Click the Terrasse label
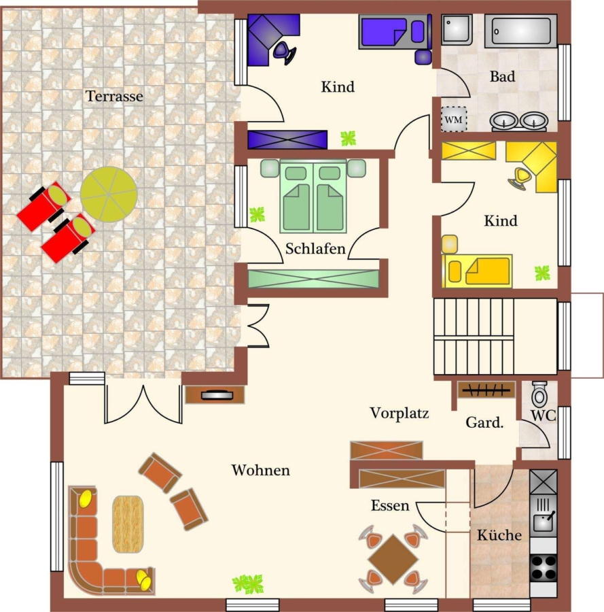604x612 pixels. coord(114,96)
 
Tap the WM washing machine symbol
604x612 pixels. coord(453,119)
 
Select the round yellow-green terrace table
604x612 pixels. coord(109,194)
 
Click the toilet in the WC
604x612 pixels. coord(539,394)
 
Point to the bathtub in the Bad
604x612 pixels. coord(520,31)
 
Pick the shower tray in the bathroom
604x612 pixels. coord(457,30)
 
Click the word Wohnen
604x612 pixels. coord(260,470)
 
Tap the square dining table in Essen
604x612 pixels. coord(393,560)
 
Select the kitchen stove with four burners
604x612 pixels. coord(543,568)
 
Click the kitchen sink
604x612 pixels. coord(543,515)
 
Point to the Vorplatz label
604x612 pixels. coord(399,413)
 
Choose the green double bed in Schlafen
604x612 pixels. coord(313,197)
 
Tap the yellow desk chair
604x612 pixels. coord(520,178)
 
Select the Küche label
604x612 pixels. coord(499,534)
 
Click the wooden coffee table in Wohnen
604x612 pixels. coord(128,524)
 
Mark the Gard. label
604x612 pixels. coord(484,422)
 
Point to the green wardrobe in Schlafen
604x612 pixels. coord(313,279)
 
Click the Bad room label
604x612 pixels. coord(502,76)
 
